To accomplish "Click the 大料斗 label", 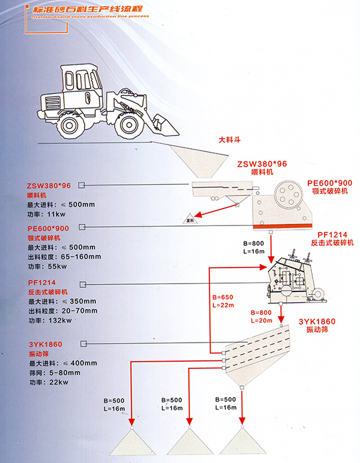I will pos(229,142).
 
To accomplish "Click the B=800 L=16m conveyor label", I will pos(253,247).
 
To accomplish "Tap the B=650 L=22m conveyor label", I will pos(223,302).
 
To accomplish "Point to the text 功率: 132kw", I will pos(50,320).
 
